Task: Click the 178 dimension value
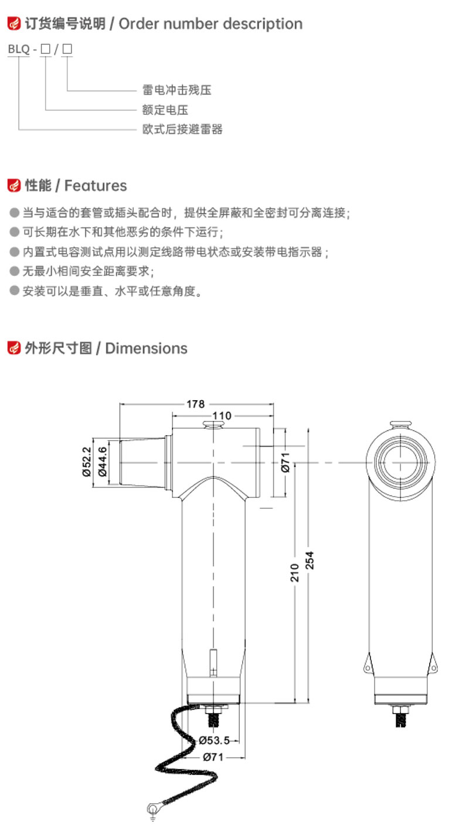[195, 404]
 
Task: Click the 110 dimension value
[222, 415]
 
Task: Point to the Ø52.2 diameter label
[86, 462]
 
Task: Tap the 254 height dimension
[309, 560]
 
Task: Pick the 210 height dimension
[294, 573]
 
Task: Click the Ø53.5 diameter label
[214, 740]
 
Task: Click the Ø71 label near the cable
[213, 757]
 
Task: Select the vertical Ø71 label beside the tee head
[285, 462]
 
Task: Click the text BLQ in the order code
[19, 49]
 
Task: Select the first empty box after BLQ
[45, 49]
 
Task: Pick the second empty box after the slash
[67, 49]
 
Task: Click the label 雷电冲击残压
[176, 90]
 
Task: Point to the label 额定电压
[165, 110]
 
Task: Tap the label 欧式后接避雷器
[182, 129]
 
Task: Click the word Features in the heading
[96, 186]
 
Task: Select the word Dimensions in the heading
[147, 348]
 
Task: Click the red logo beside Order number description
[14, 23]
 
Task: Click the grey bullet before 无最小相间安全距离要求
[15, 271]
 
